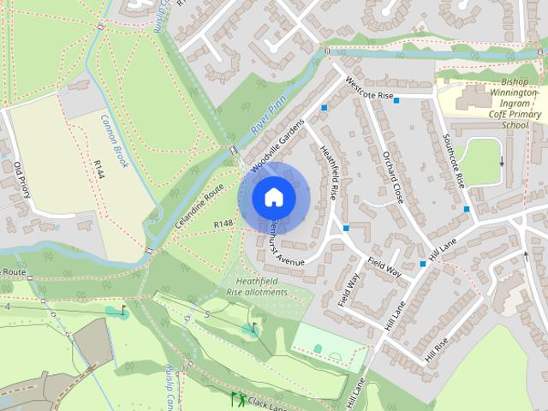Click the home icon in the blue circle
[273, 197]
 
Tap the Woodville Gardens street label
[278, 141]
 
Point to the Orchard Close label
[392, 176]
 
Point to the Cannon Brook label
[114, 140]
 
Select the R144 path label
[99, 169]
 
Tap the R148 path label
[223, 223]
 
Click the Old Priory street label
[22, 179]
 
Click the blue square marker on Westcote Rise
[396, 101]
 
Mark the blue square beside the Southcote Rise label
[467, 209]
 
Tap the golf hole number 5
[206, 313]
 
